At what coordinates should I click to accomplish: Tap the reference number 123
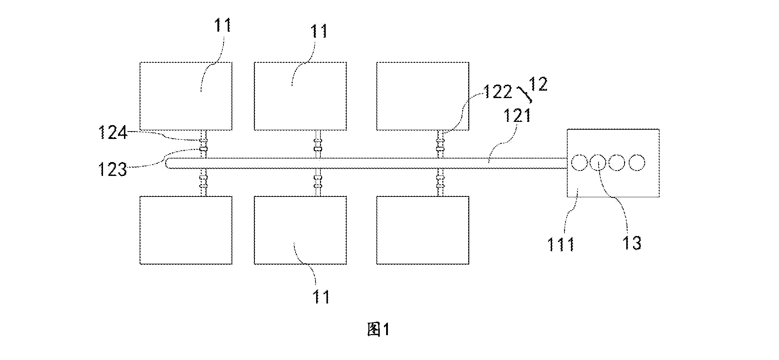click(112, 169)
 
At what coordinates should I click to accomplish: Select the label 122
click(497, 92)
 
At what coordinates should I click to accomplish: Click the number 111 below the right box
click(561, 245)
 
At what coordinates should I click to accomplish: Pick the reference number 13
click(632, 243)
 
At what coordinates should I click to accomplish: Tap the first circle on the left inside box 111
click(579, 162)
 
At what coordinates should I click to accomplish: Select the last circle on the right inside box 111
click(637, 162)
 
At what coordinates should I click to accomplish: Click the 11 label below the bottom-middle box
click(321, 297)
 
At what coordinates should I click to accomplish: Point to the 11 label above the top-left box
click(223, 25)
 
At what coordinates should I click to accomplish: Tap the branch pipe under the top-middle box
click(317, 144)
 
